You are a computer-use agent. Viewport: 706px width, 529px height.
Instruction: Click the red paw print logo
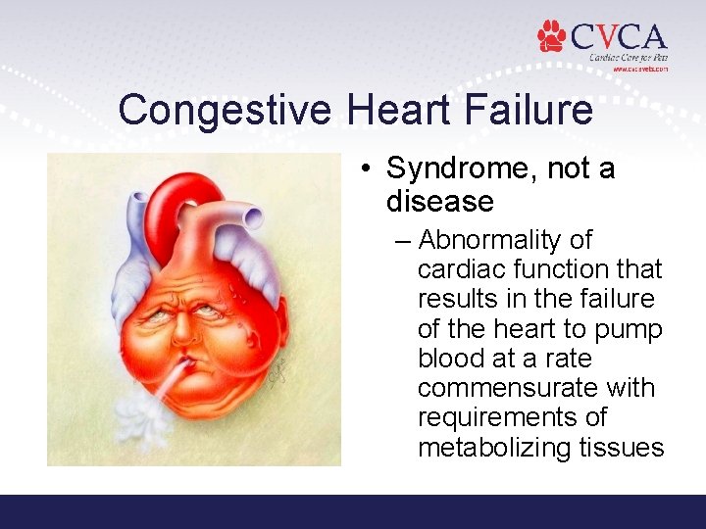[552, 36]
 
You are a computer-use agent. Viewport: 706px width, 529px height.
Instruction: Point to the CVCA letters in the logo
[619, 38]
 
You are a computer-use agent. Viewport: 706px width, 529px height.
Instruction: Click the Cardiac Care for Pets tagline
[628, 58]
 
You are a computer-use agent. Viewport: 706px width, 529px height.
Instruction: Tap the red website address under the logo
[639, 70]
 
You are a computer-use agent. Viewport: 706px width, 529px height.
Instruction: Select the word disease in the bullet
[439, 202]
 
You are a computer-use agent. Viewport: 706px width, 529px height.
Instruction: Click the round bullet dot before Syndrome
[365, 169]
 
